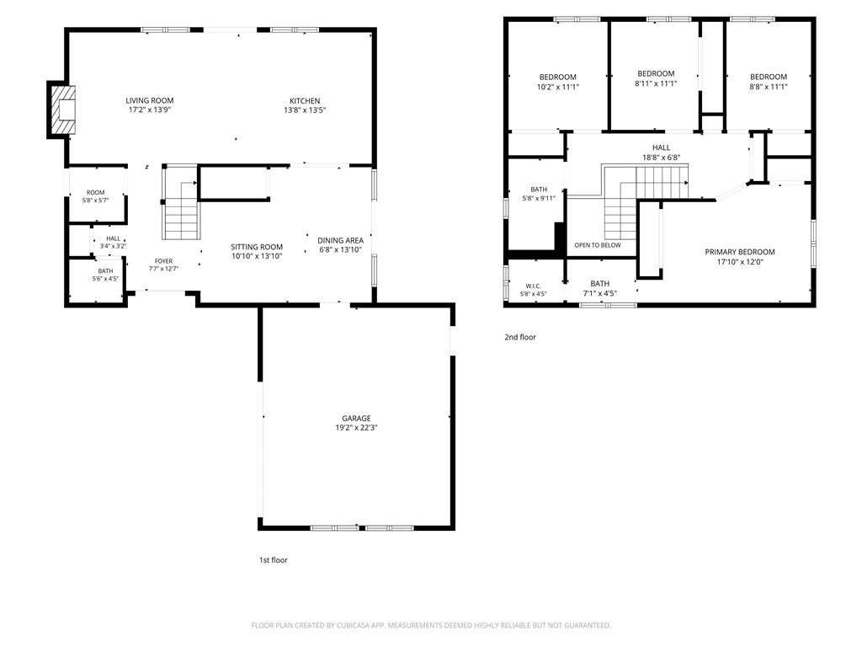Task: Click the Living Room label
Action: click(x=150, y=101)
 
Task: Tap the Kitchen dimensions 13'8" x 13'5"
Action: click(x=305, y=110)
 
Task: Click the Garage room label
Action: click(x=356, y=418)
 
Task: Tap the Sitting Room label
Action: click(x=257, y=247)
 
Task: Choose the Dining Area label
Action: click(x=340, y=240)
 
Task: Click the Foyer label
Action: click(x=163, y=261)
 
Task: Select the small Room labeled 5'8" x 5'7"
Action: click(x=96, y=196)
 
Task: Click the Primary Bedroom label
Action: click(x=740, y=252)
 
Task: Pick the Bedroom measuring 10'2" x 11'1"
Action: click(x=558, y=82)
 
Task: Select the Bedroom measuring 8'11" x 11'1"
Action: click(x=656, y=78)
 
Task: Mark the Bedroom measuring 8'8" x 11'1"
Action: click(x=769, y=82)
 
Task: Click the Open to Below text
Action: click(x=598, y=245)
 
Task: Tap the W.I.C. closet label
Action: click(x=533, y=286)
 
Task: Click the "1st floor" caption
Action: click(x=274, y=560)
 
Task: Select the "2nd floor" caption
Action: click(x=520, y=337)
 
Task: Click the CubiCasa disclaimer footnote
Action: click(x=431, y=626)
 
